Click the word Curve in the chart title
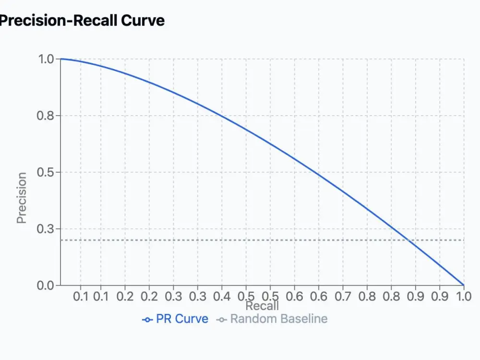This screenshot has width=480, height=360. [x=143, y=21]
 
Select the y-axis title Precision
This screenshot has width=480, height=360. [x=22, y=198]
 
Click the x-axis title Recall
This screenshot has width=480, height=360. [x=262, y=306]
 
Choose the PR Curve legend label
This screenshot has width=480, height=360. [x=182, y=319]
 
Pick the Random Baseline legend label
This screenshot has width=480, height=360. [x=279, y=319]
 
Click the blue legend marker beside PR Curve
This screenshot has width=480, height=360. [x=148, y=319]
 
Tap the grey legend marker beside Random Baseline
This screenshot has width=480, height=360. [x=222, y=319]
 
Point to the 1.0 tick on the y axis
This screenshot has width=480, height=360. [x=47, y=59]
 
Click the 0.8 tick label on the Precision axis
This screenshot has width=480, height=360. [x=47, y=116]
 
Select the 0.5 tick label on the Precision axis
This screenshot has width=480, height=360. [x=47, y=172]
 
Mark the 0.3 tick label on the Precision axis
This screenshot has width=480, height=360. [x=47, y=229]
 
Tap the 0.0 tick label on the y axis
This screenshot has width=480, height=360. [x=47, y=286]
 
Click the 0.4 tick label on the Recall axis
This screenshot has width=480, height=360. [x=222, y=296]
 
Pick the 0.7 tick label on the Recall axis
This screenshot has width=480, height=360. [x=343, y=296]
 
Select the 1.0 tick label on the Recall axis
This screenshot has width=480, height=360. [x=463, y=296]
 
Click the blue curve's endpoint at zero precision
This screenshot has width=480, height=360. [x=464, y=285]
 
